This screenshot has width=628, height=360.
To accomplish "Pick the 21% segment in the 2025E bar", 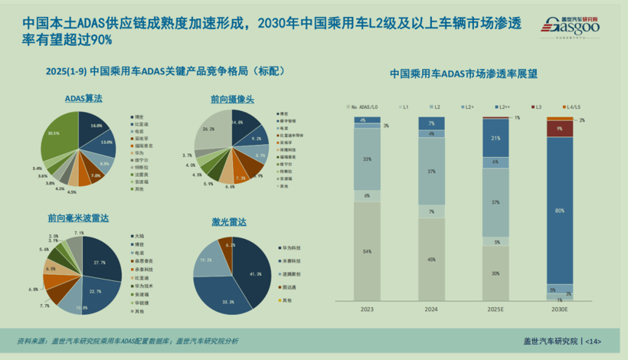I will click(495, 138).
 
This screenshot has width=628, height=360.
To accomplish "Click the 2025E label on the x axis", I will click(495, 310).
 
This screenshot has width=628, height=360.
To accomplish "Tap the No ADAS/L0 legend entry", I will click(366, 106).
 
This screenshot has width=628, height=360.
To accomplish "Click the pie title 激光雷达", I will click(229, 222).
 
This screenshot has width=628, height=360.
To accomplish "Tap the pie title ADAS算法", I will click(83, 99).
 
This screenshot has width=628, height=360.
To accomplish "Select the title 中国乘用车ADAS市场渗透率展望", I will click(463, 74).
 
